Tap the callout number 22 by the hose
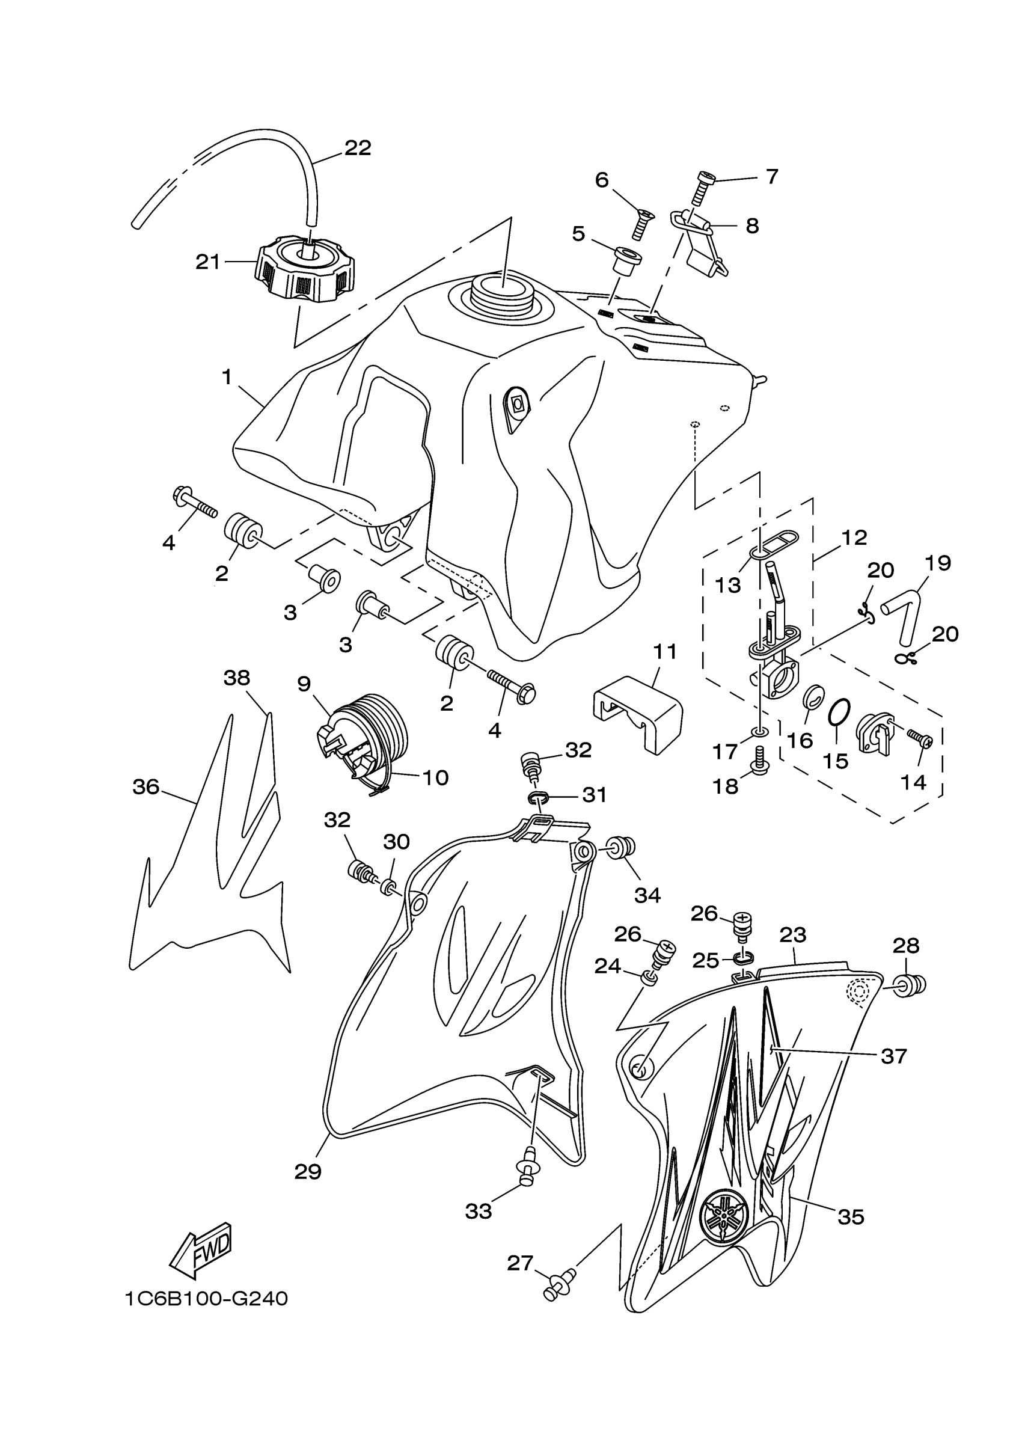coord(358,148)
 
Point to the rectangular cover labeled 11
coord(637,713)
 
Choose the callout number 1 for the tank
coord(227,377)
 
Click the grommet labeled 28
coord(911,985)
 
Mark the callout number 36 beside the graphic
coord(145,786)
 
